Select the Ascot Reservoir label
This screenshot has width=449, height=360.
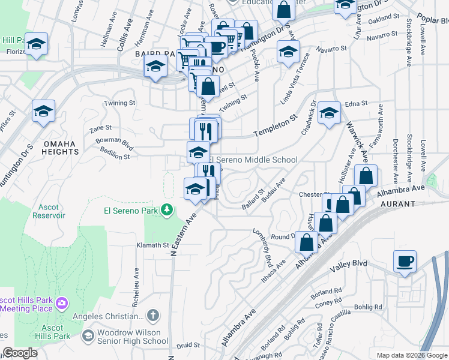point(49,211)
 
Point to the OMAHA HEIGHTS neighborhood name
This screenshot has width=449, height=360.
point(59,148)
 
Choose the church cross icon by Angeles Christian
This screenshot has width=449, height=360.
point(153,315)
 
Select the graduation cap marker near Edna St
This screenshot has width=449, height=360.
point(329,112)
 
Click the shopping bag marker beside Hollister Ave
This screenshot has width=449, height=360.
point(365,176)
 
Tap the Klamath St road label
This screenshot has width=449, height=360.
point(153,245)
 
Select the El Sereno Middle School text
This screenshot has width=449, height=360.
point(253,160)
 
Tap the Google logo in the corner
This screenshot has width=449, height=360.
point(20,353)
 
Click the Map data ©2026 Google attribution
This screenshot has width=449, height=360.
point(412,355)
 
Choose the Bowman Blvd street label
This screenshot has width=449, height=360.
point(114,143)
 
